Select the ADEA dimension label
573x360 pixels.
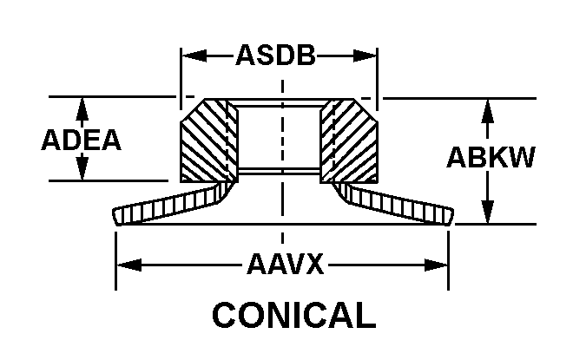click(x=82, y=141)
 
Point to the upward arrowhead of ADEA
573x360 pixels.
click(x=82, y=106)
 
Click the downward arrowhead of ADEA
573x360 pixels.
click(x=82, y=172)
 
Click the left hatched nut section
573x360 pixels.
click(x=207, y=141)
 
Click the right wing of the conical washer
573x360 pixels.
click(x=395, y=204)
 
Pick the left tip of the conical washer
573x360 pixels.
click(x=115, y=216)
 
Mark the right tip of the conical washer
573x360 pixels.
click(x=452, y=216)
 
